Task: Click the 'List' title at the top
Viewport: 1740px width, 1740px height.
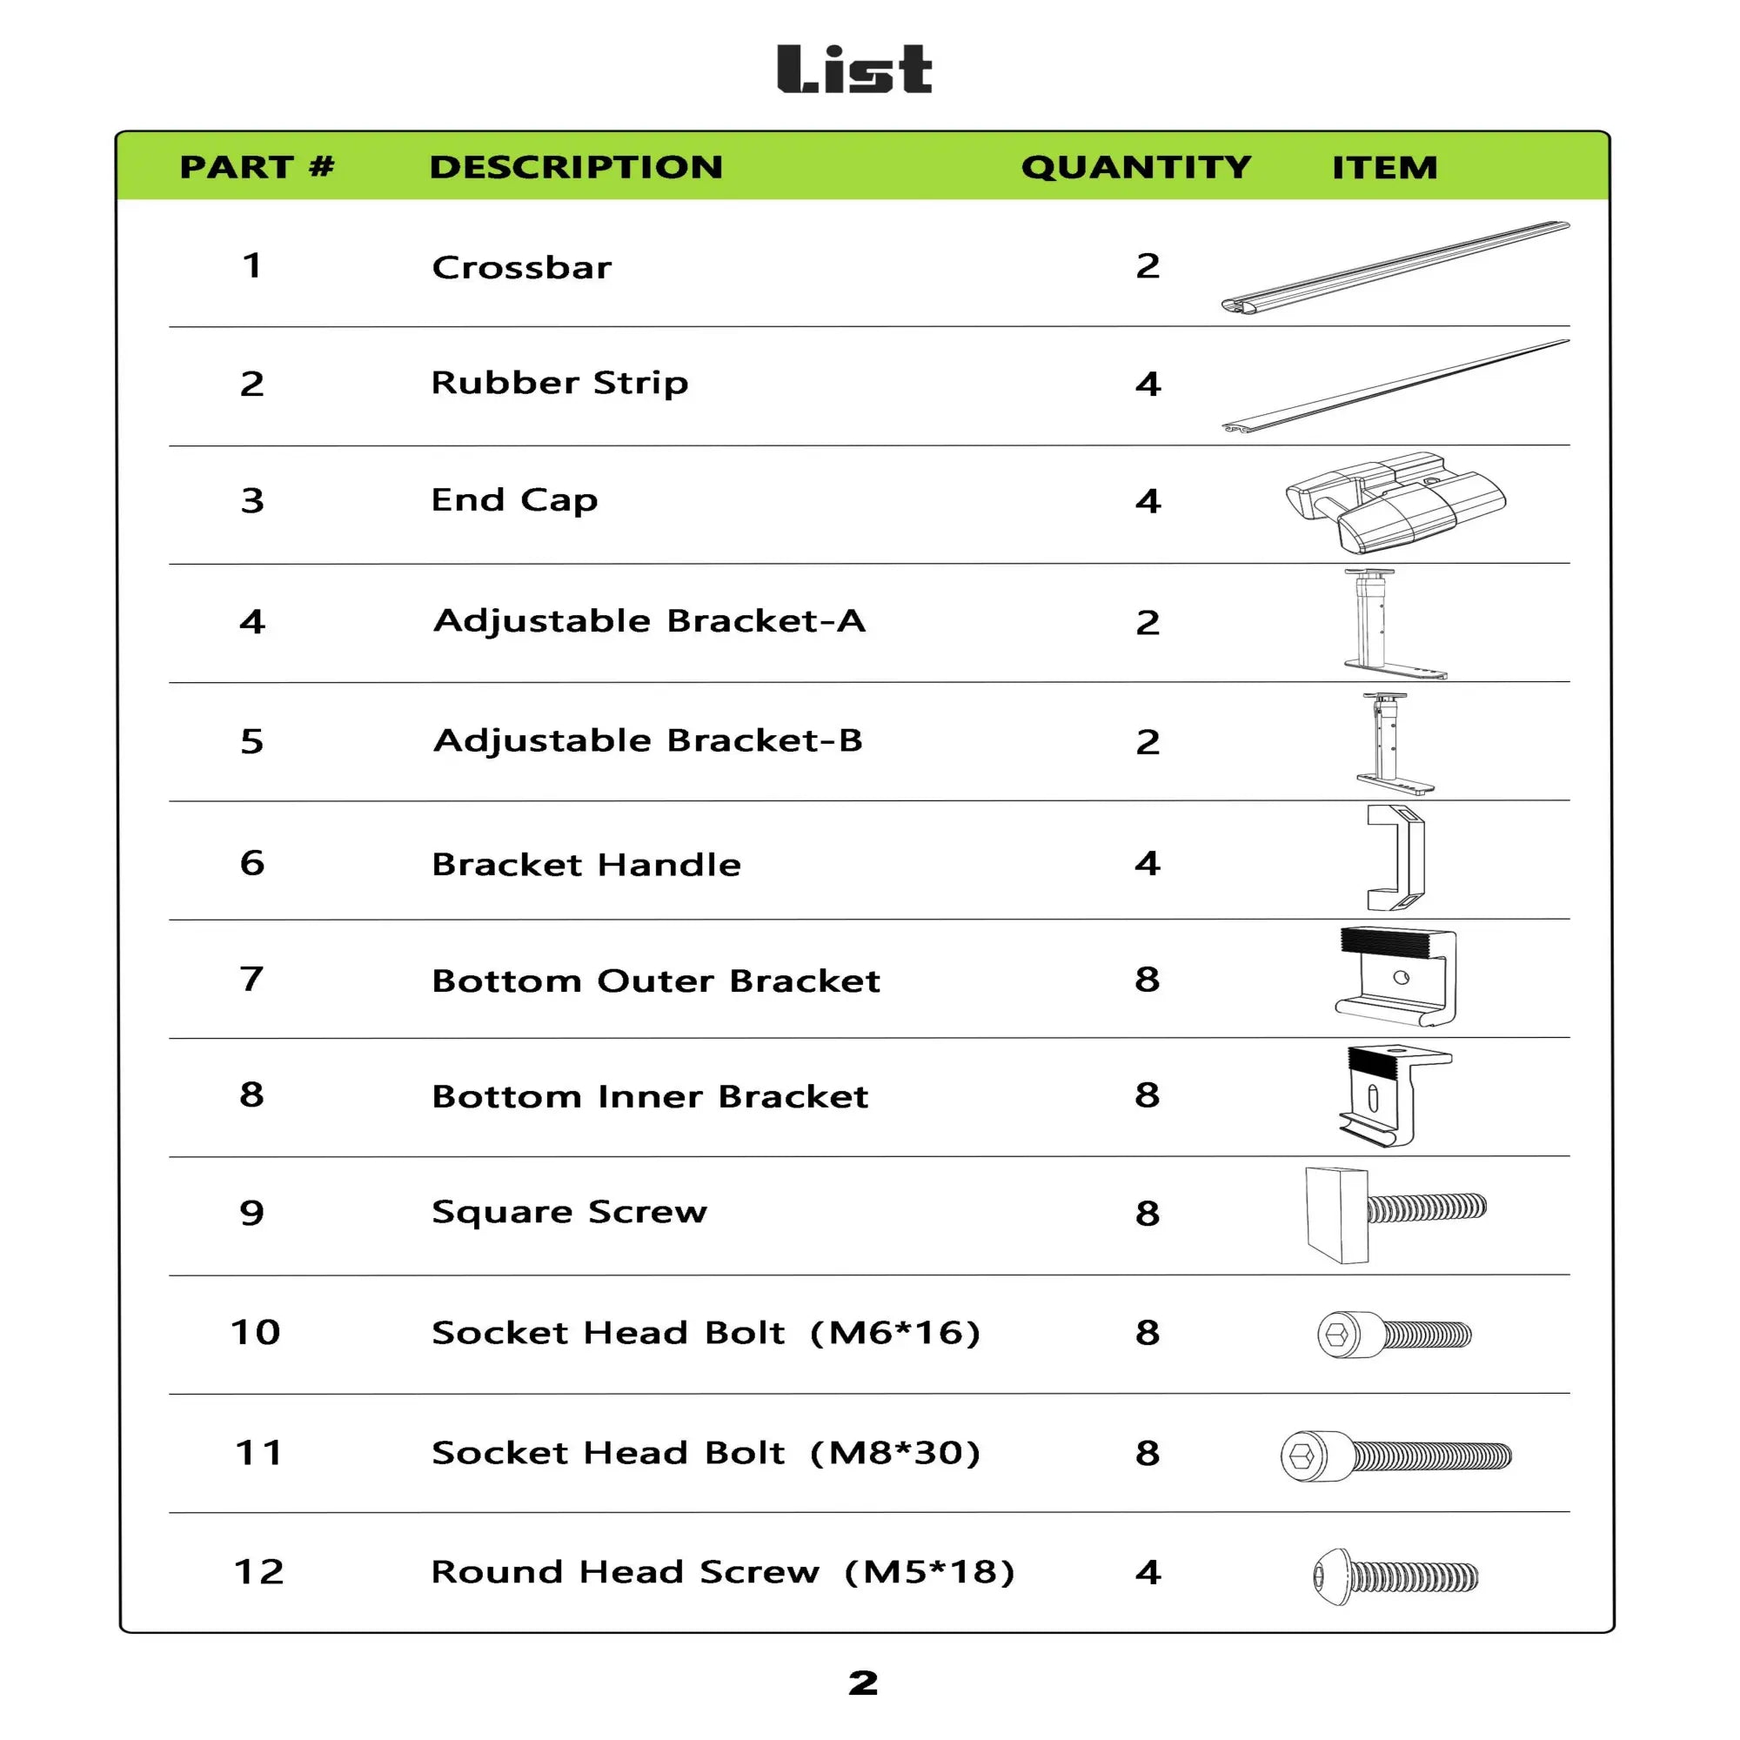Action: (x=853, y=70)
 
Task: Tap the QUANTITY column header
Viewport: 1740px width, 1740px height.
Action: (x=1135, y=168)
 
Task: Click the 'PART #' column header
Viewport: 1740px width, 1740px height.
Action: (x=257, y=168)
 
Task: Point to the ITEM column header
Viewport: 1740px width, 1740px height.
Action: (x=1384, y=169)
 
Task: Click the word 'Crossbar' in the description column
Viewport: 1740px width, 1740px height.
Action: (x=521, y=267)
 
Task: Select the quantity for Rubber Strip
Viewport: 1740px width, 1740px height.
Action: (x=1148, y=385)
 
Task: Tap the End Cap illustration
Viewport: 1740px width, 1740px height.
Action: (x=1395, y=502)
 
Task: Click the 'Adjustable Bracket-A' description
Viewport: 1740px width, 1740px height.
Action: (x=648, y=621)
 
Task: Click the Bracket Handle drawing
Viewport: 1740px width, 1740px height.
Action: (x=1396, y=858)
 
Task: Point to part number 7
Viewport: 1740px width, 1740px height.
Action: (x=252, y=979)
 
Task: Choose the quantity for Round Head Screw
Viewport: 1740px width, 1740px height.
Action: (x=1148, y=1572)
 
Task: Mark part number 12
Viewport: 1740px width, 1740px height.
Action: (x=258, y=1572)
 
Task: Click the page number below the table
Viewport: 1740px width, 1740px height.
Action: (x=863, y=1683)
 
